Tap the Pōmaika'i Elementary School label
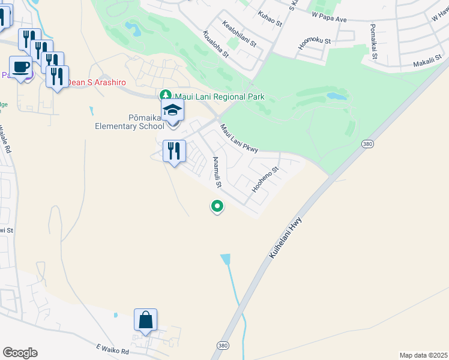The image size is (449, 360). point(129,122)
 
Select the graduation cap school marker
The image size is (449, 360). point(173,110)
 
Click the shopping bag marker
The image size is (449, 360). point(146,319)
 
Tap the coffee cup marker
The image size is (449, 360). point(21,67)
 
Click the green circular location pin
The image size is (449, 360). point(217,206)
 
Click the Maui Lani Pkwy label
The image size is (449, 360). point(238,139)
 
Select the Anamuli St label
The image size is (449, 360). point(217,171)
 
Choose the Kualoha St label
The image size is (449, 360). point(216,44)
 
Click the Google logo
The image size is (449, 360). point(20,353)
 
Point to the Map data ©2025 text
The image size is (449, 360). point(423,355)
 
